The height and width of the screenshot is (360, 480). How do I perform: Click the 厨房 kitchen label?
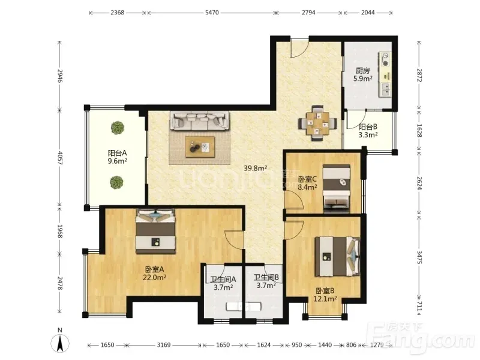click(363, 71)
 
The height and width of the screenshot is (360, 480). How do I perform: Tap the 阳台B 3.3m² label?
click(368, 131)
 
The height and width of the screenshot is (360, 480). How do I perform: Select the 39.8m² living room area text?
click(256, 168)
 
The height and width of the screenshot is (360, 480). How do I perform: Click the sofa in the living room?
click(200, 121)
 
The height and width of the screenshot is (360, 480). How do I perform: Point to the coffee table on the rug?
click(200, 147)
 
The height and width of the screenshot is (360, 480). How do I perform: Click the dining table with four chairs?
click(317, 123)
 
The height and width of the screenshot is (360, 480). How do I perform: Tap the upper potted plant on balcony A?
click(118, 128)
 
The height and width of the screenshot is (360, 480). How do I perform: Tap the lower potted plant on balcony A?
click(116, 182)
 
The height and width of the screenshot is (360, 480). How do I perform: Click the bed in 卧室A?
click(156, 231)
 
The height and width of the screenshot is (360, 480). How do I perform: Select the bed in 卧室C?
click(337, 188)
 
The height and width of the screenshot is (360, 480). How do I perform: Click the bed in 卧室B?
click(337, 256)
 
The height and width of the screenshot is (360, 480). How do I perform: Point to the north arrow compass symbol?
click(60, 341)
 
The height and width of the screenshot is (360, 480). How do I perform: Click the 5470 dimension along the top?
click(212, 13)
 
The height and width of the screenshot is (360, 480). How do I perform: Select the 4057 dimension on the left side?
click(59, 158)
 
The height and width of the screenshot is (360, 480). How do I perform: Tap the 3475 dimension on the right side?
click(419, 257)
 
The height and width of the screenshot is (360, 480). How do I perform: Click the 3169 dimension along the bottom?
click(164, 345)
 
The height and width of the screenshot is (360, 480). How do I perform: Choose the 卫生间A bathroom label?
click(223, 280)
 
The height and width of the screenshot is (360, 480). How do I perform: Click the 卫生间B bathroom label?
click(266, 277)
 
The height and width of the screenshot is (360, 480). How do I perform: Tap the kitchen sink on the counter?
click(386, 89)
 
